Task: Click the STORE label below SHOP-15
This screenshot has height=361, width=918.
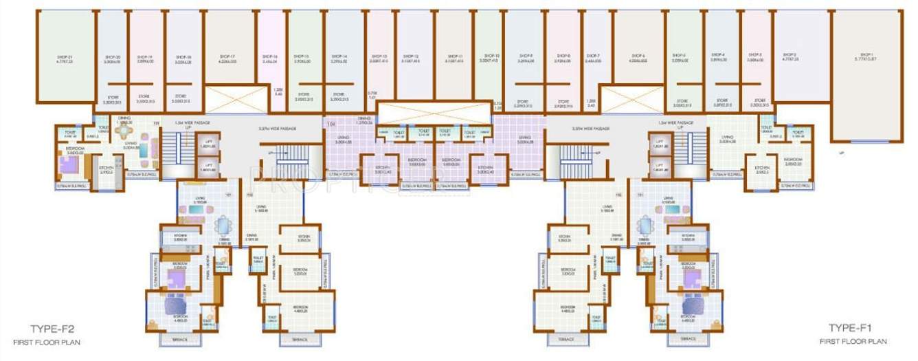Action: (x=304, y=94)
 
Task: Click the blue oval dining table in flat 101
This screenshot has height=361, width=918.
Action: (x=222, y=226)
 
